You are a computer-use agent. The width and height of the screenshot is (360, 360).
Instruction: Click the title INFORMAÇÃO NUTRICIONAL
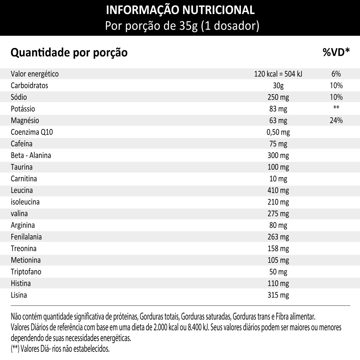pyautogui.click(x=181, y=10)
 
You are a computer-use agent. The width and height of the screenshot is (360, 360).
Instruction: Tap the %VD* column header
pyautogui.click(x=336, y=52)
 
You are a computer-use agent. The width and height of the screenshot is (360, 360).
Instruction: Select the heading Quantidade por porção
pyautogui.click(x=69, y=52)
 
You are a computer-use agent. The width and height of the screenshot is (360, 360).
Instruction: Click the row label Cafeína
pyautogui.click(x=22, y=144)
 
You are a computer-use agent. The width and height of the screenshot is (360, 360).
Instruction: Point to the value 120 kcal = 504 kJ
pyautogui.click(x=278, y=74)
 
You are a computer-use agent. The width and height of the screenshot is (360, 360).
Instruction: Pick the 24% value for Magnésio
pyautogui.click(x=336, y=121)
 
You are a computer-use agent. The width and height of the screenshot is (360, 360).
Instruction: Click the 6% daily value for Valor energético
pyautogui.click(x=336, y=74)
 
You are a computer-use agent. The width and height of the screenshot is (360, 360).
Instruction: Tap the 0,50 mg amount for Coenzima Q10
pyautogui.click(x=278, y=132)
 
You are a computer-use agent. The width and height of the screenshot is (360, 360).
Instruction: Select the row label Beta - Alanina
pyautogui.click(x=31, y=155)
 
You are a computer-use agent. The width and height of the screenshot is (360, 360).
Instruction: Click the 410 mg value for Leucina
pyautogui.click(x=278, y=190)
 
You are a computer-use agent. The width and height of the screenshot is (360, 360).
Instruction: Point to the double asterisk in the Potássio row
pyautogui.click(x=336, y=108)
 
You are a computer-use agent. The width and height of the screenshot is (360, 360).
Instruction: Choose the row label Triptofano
pyautogui.click(x=26, y=272)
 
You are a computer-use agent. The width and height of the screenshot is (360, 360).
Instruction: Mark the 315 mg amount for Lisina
pyautogui.click(x=278, y=295)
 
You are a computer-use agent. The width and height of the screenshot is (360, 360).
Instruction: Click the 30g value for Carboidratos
pyautogui.click(x=278, y=85)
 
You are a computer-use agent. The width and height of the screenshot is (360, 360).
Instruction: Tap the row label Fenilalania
pyautogui.click(x=26, y=237)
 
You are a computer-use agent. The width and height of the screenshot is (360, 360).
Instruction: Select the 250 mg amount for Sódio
pyautogui.click(x=278, y=97)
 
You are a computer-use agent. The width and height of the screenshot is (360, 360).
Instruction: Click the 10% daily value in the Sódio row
pyautogui.click(x=336, y=97)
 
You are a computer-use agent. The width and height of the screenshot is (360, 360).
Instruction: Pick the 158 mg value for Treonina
pyautogui.click(x=278, y=249)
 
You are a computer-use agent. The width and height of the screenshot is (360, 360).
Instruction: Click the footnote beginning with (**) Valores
pyautogui.click(x=60, y=349)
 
